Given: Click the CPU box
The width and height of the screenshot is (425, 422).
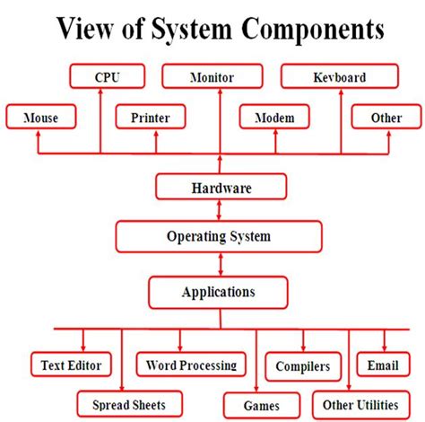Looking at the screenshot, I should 107,77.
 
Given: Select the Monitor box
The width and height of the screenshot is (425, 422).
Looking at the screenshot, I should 212,77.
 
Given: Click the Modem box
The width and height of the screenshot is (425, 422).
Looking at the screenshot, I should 273,118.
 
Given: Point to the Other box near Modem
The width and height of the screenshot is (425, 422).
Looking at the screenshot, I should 386,118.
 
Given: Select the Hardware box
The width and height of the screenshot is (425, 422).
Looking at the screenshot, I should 221,188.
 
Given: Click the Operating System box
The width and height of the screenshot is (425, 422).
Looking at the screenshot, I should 218,237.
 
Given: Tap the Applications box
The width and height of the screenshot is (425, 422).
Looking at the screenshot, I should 218,292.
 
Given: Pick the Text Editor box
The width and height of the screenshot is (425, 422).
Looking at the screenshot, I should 71,365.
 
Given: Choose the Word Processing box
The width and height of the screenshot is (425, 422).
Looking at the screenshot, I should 191,365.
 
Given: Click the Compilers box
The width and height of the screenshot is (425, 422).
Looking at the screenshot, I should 303,365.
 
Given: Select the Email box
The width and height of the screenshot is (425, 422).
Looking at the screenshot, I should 383,365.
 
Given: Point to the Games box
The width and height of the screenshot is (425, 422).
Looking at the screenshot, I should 261,404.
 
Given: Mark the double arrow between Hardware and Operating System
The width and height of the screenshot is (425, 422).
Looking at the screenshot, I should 219,212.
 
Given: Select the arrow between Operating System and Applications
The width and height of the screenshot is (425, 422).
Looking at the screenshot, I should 219,265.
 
